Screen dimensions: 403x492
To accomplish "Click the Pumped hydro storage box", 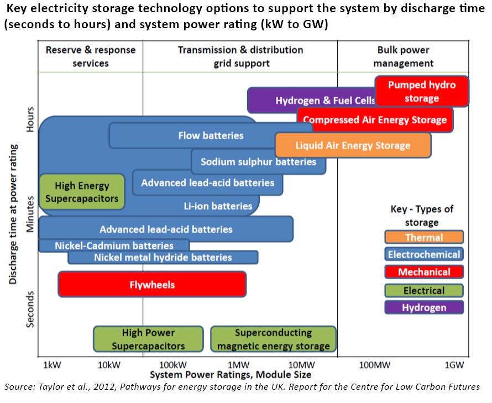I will (x=422, y=91).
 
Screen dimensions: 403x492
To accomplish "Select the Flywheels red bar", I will (x=152, y=285).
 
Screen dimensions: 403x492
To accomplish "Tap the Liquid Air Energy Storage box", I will (x=353, y=145).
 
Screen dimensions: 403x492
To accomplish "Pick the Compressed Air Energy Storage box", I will (x=375, y=119).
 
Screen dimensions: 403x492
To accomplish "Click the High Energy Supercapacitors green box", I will (x=82, y=192).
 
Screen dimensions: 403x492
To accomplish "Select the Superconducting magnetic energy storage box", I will (x=273, y=339).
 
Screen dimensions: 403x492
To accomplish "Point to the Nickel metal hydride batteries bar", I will (x=163, y=257).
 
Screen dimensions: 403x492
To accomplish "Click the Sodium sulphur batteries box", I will (x=258, y=162).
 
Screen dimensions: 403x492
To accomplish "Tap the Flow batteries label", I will (x=211, y=135).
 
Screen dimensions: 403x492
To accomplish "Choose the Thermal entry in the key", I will (x=424, y=237).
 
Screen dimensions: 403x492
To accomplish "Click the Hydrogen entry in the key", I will (x=424, y=307).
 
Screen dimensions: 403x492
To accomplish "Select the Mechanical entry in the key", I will (x=424, y=271).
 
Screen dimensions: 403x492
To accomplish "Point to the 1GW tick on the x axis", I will (x=454, y=365).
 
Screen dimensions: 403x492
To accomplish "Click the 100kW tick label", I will (x=172, y=365).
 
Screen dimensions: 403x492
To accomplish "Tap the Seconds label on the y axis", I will (x=31, y=310).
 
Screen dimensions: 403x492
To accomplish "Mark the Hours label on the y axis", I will (x=31, y=119).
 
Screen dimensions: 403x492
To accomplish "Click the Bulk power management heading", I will (x=403, y=56).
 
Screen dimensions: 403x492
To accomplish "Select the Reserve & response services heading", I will (x=91, y=56).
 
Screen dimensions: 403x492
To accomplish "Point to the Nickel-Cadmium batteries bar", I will (x=114, y=245).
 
